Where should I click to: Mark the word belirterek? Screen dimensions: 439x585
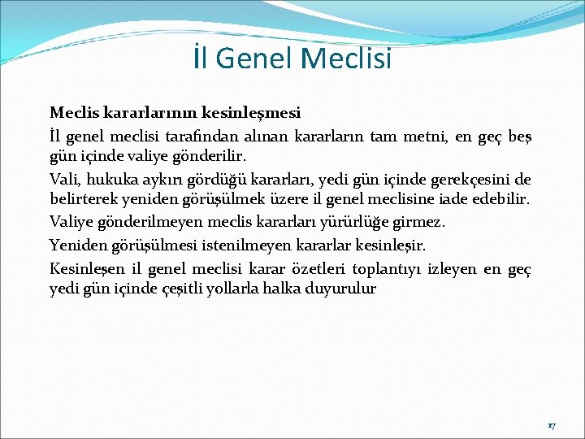click(x=83, y=200)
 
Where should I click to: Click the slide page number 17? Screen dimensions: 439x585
click(x=551, y=425)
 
